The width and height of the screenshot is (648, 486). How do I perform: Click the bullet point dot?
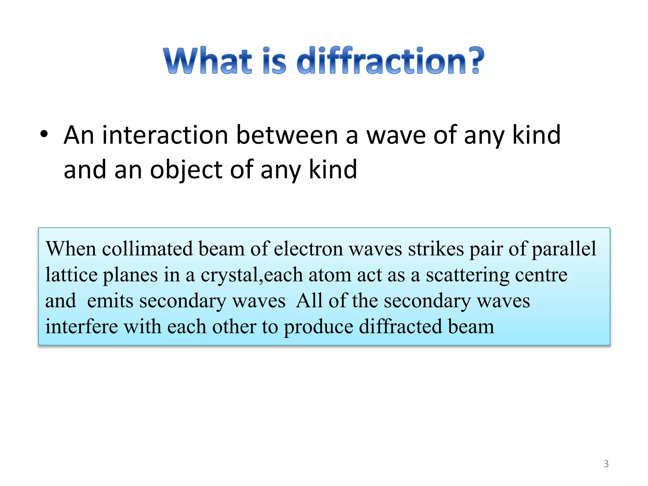point(44,134)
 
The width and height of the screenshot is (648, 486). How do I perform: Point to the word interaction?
point(165,135)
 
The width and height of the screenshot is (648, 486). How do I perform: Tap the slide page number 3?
point(606,464)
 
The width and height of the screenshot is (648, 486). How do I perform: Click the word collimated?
point(147,249)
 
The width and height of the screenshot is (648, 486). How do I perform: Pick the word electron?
point(308,249)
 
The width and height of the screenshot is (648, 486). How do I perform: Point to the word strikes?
point(436,249)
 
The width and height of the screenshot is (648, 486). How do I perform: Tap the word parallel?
point(564,249)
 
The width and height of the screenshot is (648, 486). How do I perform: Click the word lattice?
point(71,275)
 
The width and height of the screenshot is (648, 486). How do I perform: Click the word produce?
point(318,327)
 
